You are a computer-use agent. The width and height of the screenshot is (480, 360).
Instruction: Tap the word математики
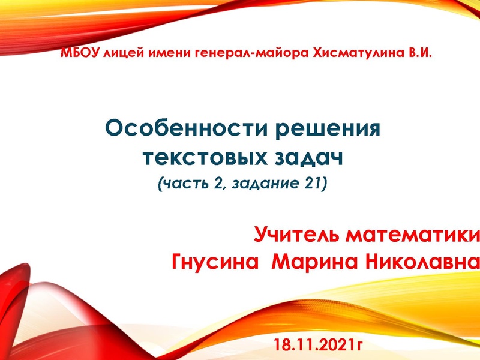click(x=414, y=234)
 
